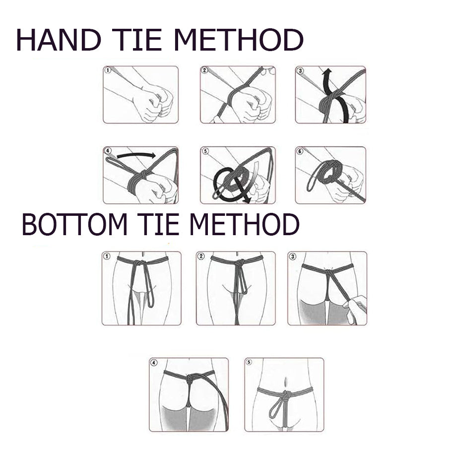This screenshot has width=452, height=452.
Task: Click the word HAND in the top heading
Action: tap(59, 40)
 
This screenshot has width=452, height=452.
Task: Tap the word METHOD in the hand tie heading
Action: tap(238, 40)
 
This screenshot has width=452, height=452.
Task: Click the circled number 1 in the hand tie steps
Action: tap(108, 70)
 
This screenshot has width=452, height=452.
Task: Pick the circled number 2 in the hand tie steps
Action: tap(205, 70)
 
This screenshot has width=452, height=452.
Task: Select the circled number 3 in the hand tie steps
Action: tap(300, 70)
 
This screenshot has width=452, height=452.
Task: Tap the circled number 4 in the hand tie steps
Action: tap(108, 151)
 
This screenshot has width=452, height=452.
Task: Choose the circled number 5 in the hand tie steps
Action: tap(205, 151)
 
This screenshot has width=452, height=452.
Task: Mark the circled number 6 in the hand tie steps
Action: tap(300, 151)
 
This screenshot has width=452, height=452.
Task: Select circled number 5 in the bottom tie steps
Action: tap(249, 362)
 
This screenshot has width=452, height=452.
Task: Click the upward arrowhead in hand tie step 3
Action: tap(327, 71)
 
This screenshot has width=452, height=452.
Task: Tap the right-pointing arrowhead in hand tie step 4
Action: tap(151, 156)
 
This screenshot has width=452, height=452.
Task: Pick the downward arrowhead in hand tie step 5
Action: tap(246, 199)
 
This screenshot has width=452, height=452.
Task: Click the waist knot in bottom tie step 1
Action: tap(139, 263)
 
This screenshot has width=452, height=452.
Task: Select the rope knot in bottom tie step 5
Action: tap(285, 395)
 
